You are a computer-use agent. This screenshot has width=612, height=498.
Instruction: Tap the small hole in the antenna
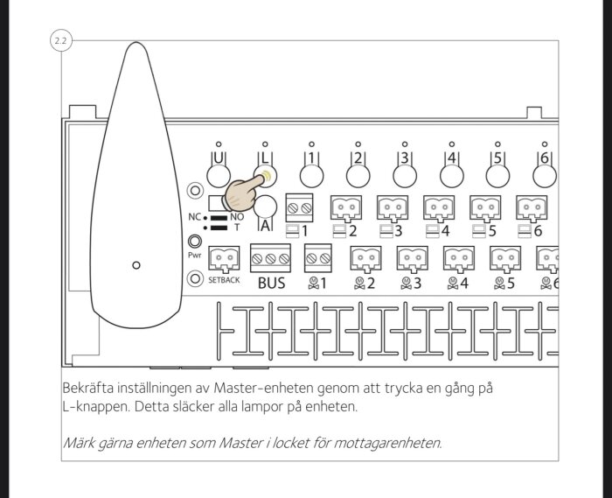tap(135, 263)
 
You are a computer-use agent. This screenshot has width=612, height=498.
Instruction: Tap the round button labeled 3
tap(404, 174)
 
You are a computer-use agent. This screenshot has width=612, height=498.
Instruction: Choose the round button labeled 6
tap(544, 174)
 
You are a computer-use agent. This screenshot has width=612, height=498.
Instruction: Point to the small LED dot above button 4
tap(451, 143)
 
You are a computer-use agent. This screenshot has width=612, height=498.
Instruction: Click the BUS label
tap(271, 284)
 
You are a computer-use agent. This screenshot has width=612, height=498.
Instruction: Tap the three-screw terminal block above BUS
tap(271, 258)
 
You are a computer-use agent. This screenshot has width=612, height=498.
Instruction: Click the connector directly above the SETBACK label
tap(225, 258)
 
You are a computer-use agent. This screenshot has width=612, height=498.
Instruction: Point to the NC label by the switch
tap(194, 215)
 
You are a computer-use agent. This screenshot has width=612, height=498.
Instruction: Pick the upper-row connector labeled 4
tap(439, 207)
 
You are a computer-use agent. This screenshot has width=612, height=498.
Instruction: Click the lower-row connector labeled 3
tap(411, 258)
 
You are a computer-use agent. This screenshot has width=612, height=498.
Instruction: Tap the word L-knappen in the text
tap(97, 409)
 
